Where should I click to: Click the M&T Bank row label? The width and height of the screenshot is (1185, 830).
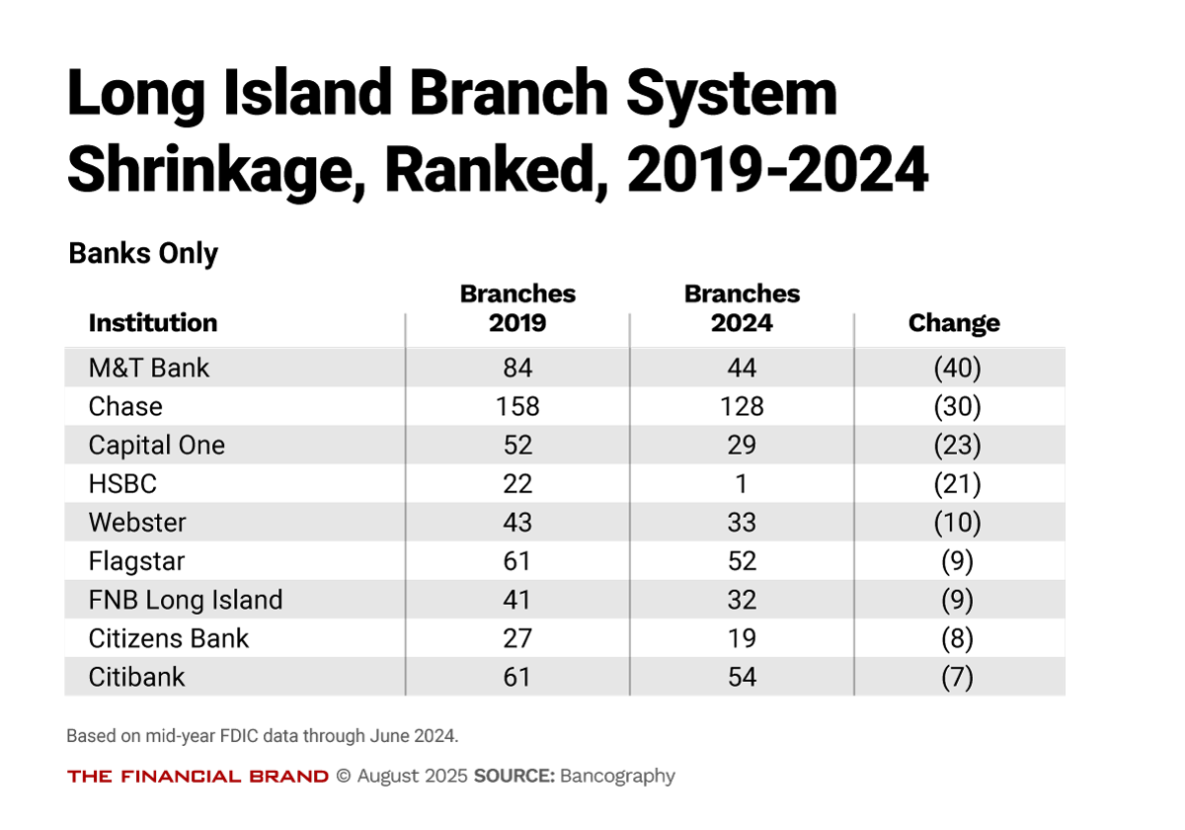pyautogui.click(x=149, y=369)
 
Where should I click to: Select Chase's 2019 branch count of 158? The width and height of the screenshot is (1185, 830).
pyautogui.click(x=517, y=407)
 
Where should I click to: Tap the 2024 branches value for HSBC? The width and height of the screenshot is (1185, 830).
pyautogui.click(x=742, y=484)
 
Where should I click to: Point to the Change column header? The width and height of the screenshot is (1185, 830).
pyautogui.click(x=954, y=323)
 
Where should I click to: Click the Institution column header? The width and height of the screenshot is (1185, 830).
pyautogui.click(x=153, y=323)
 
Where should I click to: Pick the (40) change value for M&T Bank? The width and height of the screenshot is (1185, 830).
pyautogui.click(x=956, y=369)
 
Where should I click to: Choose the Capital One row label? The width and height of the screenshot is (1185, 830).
pyautogui.click(x=157, y=446)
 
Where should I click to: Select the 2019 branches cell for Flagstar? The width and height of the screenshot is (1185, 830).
pyautogui.click(x=517, y=561)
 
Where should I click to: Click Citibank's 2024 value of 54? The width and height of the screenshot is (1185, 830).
pyautogui.click(x=742, y=677)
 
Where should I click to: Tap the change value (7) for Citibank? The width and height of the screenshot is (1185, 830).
pyautogui.click(x=956, y=677)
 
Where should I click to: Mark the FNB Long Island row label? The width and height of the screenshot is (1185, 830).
pyautogui.click(x=186, y=600)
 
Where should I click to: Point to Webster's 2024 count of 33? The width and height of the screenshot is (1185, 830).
pyautogui.click(x=742, y=523)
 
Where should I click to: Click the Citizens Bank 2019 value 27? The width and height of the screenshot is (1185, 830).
pyautogui.click(x=517, y=638)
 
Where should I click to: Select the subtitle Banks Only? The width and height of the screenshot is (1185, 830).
pyautogui.click(x=143, y=254)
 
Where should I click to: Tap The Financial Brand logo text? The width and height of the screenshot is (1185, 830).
pyautogui.click(x=197, y=777)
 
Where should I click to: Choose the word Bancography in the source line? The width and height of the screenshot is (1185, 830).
pyautogui.click(x=617, y=776)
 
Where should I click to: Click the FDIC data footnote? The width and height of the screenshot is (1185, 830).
pyautogui.click(x=263, y=736)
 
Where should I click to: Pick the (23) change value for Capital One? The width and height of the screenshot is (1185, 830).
pyautogui.click(x=956, y=446)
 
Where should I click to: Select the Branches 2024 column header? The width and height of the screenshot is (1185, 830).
pyautogui.click(x=742, y=308)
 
